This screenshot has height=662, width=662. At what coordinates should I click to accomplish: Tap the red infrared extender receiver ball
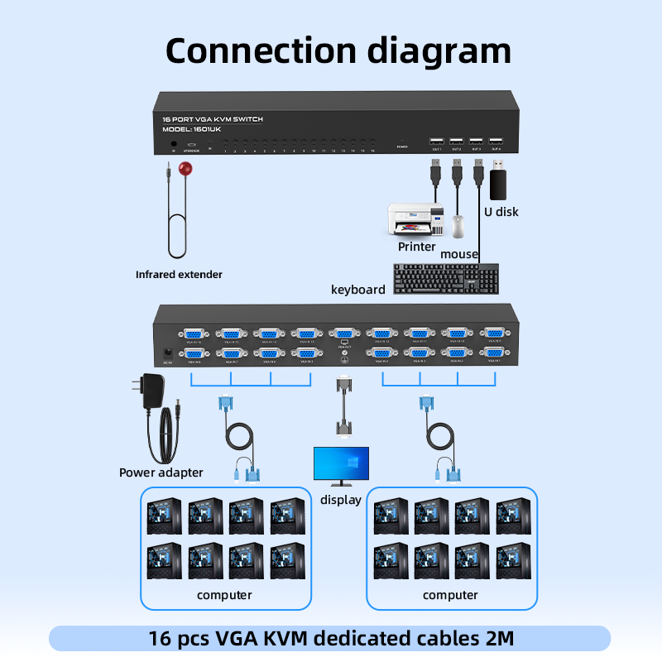click(x=185, y=170)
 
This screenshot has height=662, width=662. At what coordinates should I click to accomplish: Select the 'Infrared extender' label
click(x=179, y=274)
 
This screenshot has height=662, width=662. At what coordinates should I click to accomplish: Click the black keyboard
click(x=447, y=278)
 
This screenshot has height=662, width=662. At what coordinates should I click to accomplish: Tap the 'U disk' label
click(x=501, y=212)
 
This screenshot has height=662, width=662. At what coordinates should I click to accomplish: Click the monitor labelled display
click(x=341, y=466)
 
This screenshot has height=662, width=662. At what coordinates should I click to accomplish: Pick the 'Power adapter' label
click(x=161, y=473)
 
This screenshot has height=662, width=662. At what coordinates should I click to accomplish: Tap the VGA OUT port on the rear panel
click(x=344, y=333)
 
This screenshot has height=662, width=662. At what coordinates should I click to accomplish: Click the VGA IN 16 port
click(x=194, y=333)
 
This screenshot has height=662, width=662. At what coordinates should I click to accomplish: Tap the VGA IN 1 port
click(x=495, y=353)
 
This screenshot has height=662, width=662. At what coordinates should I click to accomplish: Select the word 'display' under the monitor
click(x=341, y=500)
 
